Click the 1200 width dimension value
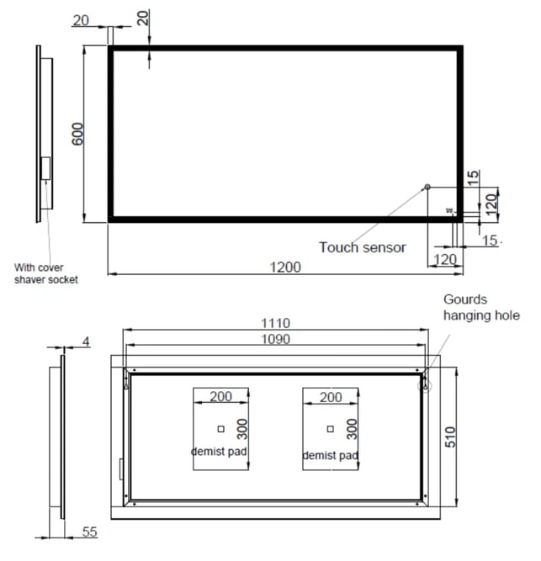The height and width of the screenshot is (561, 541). point(285,267)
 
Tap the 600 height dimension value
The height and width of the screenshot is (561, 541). point(77,135)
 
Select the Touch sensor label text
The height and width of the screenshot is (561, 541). point(363,247)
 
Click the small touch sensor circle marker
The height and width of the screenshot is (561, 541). point(427,187)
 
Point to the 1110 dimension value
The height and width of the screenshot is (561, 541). point(275,323)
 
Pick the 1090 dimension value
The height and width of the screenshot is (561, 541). point(275,339)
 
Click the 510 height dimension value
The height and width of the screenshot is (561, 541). point(450,437)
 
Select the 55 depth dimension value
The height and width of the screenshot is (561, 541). point(89,532)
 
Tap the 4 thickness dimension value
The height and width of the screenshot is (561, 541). point(86,341)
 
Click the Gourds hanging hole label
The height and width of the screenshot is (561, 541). point(481,307)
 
